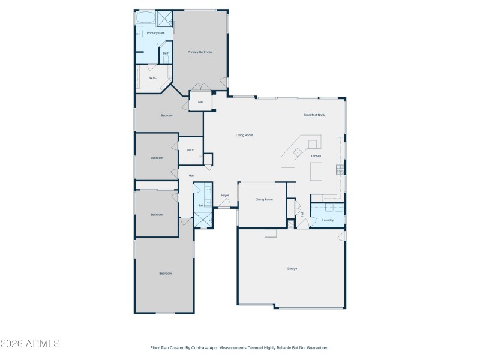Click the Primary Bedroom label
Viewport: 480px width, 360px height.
coord(199,52)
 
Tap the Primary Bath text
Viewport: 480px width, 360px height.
coord(155,33)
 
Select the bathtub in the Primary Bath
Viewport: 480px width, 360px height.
coord(145,18)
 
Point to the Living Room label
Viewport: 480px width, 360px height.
coord(244,135)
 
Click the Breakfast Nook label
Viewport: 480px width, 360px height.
coord(314,115)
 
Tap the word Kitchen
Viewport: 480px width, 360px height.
coord(316,156)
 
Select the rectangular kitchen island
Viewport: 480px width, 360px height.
coord(317,171)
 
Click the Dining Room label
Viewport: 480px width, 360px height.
coord(264,199)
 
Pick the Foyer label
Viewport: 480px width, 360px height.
coord(225,195)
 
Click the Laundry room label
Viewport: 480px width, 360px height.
coord(328,220)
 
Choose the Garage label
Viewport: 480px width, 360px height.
coord(292,268)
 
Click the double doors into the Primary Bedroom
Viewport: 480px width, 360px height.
coord(200,88)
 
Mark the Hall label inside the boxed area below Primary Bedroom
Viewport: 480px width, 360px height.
coord(200,103)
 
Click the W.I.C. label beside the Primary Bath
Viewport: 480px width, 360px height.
coord(153,77)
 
